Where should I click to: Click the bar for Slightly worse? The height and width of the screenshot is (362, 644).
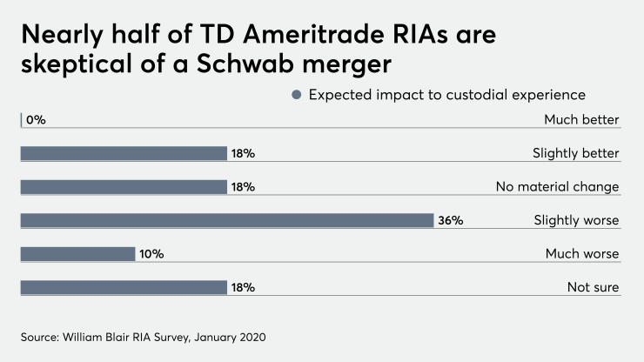point(226,220)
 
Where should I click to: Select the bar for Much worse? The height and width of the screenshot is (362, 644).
point(77,254)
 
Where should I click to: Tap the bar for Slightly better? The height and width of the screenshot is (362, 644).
point(123,153)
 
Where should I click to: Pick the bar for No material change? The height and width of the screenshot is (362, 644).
point(123,187)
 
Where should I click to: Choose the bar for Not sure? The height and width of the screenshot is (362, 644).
point(123,287)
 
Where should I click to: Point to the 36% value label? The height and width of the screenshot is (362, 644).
point(451,220)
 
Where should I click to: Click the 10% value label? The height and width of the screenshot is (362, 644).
point(152,254)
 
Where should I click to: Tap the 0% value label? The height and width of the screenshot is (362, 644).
point(36,120)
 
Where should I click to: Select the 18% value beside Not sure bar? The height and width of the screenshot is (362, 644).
point(243,287)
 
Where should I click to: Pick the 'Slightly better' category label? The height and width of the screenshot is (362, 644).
point(575,153)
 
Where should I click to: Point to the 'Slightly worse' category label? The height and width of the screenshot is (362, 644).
point(576,220)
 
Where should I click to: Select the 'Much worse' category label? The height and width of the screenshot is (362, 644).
point(581,254)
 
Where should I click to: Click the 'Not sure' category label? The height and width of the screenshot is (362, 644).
point(593,287)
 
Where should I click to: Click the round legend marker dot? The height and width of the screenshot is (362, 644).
point(297,94)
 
